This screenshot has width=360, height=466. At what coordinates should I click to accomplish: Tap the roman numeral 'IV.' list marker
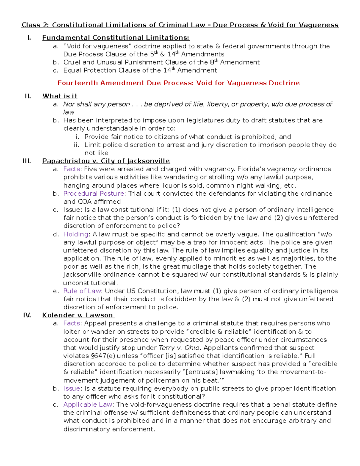tap(27, 315)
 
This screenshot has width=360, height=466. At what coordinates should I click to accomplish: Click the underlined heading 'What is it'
tap(60, 96)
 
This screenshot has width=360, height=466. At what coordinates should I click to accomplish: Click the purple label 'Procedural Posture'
tap(94, 194)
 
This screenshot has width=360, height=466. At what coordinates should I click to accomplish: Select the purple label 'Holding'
tap(76, 234)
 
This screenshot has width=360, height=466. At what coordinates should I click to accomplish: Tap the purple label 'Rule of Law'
tap(82, 291)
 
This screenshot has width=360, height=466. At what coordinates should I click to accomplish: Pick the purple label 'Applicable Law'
tap(88, 404)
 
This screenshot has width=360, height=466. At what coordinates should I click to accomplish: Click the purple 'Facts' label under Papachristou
tap(72, 169)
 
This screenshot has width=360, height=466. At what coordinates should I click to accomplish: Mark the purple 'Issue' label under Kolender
tap(72, 388)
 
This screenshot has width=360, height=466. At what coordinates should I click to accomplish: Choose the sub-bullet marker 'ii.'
tap(76, 145)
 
